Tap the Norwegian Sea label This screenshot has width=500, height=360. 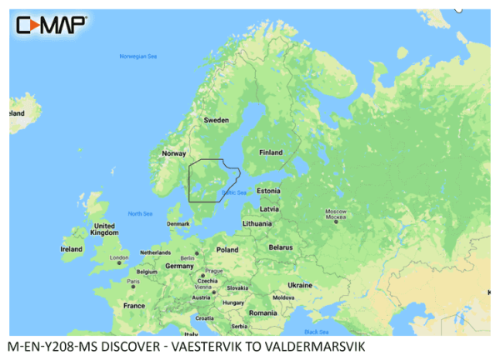[137, 57]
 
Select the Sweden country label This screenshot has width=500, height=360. [217, 120]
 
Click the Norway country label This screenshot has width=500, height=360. [173, 153]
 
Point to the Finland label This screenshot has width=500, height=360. [271, 152]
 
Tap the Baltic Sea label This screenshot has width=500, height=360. [234, 193]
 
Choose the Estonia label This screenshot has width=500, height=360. [268, 191]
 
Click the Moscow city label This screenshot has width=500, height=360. [335, 211]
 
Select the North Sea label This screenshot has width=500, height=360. [141, 214]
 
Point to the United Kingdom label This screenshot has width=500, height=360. [104, 230]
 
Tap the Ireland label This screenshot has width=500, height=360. [72, 248]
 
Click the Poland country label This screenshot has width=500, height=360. [227, 249]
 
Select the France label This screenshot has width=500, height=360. [134, 306]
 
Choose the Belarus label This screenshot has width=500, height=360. [282, 247]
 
